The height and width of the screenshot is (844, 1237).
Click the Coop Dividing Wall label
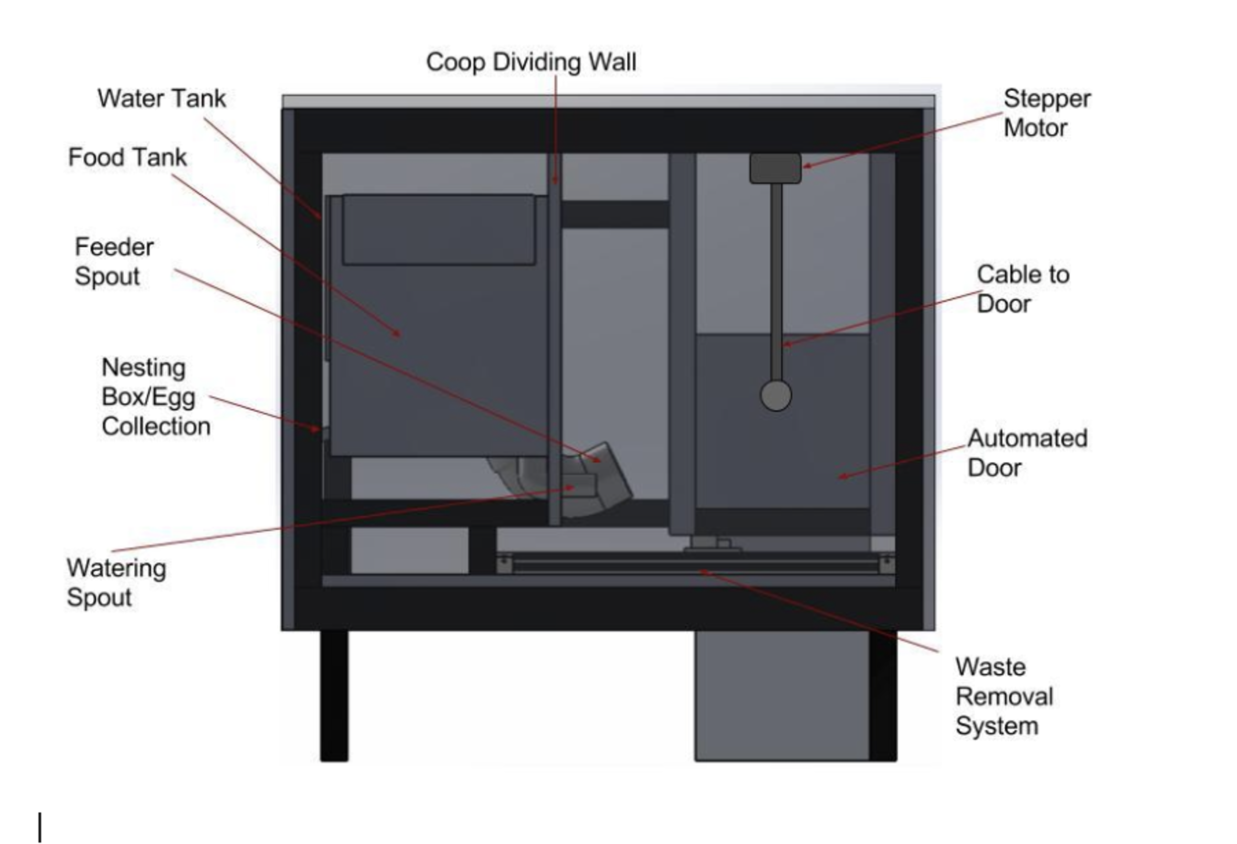tap(531, 62)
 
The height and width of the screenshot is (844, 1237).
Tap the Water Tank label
tap(161, 99)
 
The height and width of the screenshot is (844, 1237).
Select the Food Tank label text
tap(127, 158)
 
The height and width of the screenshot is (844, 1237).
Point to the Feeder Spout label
tap(113, 262)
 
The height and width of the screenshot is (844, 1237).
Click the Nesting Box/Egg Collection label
tap(156, 397)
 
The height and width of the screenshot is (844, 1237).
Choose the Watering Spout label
tap(116, 582)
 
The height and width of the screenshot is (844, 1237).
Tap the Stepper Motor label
tap(1046, 113)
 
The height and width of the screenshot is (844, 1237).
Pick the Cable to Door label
tap(1023, 290)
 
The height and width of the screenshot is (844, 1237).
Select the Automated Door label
tap(1027, 453)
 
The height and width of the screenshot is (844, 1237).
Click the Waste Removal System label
tap(1004, 697)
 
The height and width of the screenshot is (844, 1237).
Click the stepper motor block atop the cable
tap(775, 168)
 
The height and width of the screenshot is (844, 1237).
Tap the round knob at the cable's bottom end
tap(776, 395)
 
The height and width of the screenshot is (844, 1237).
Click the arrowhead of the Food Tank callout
tap(397, 334)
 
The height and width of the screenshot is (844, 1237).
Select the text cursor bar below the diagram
tap(40, 827)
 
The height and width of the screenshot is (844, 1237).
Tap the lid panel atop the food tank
tap(439, 229)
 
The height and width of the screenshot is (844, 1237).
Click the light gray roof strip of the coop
tap(607, 101)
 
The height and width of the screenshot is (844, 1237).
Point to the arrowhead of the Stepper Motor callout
tap(807, 166)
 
